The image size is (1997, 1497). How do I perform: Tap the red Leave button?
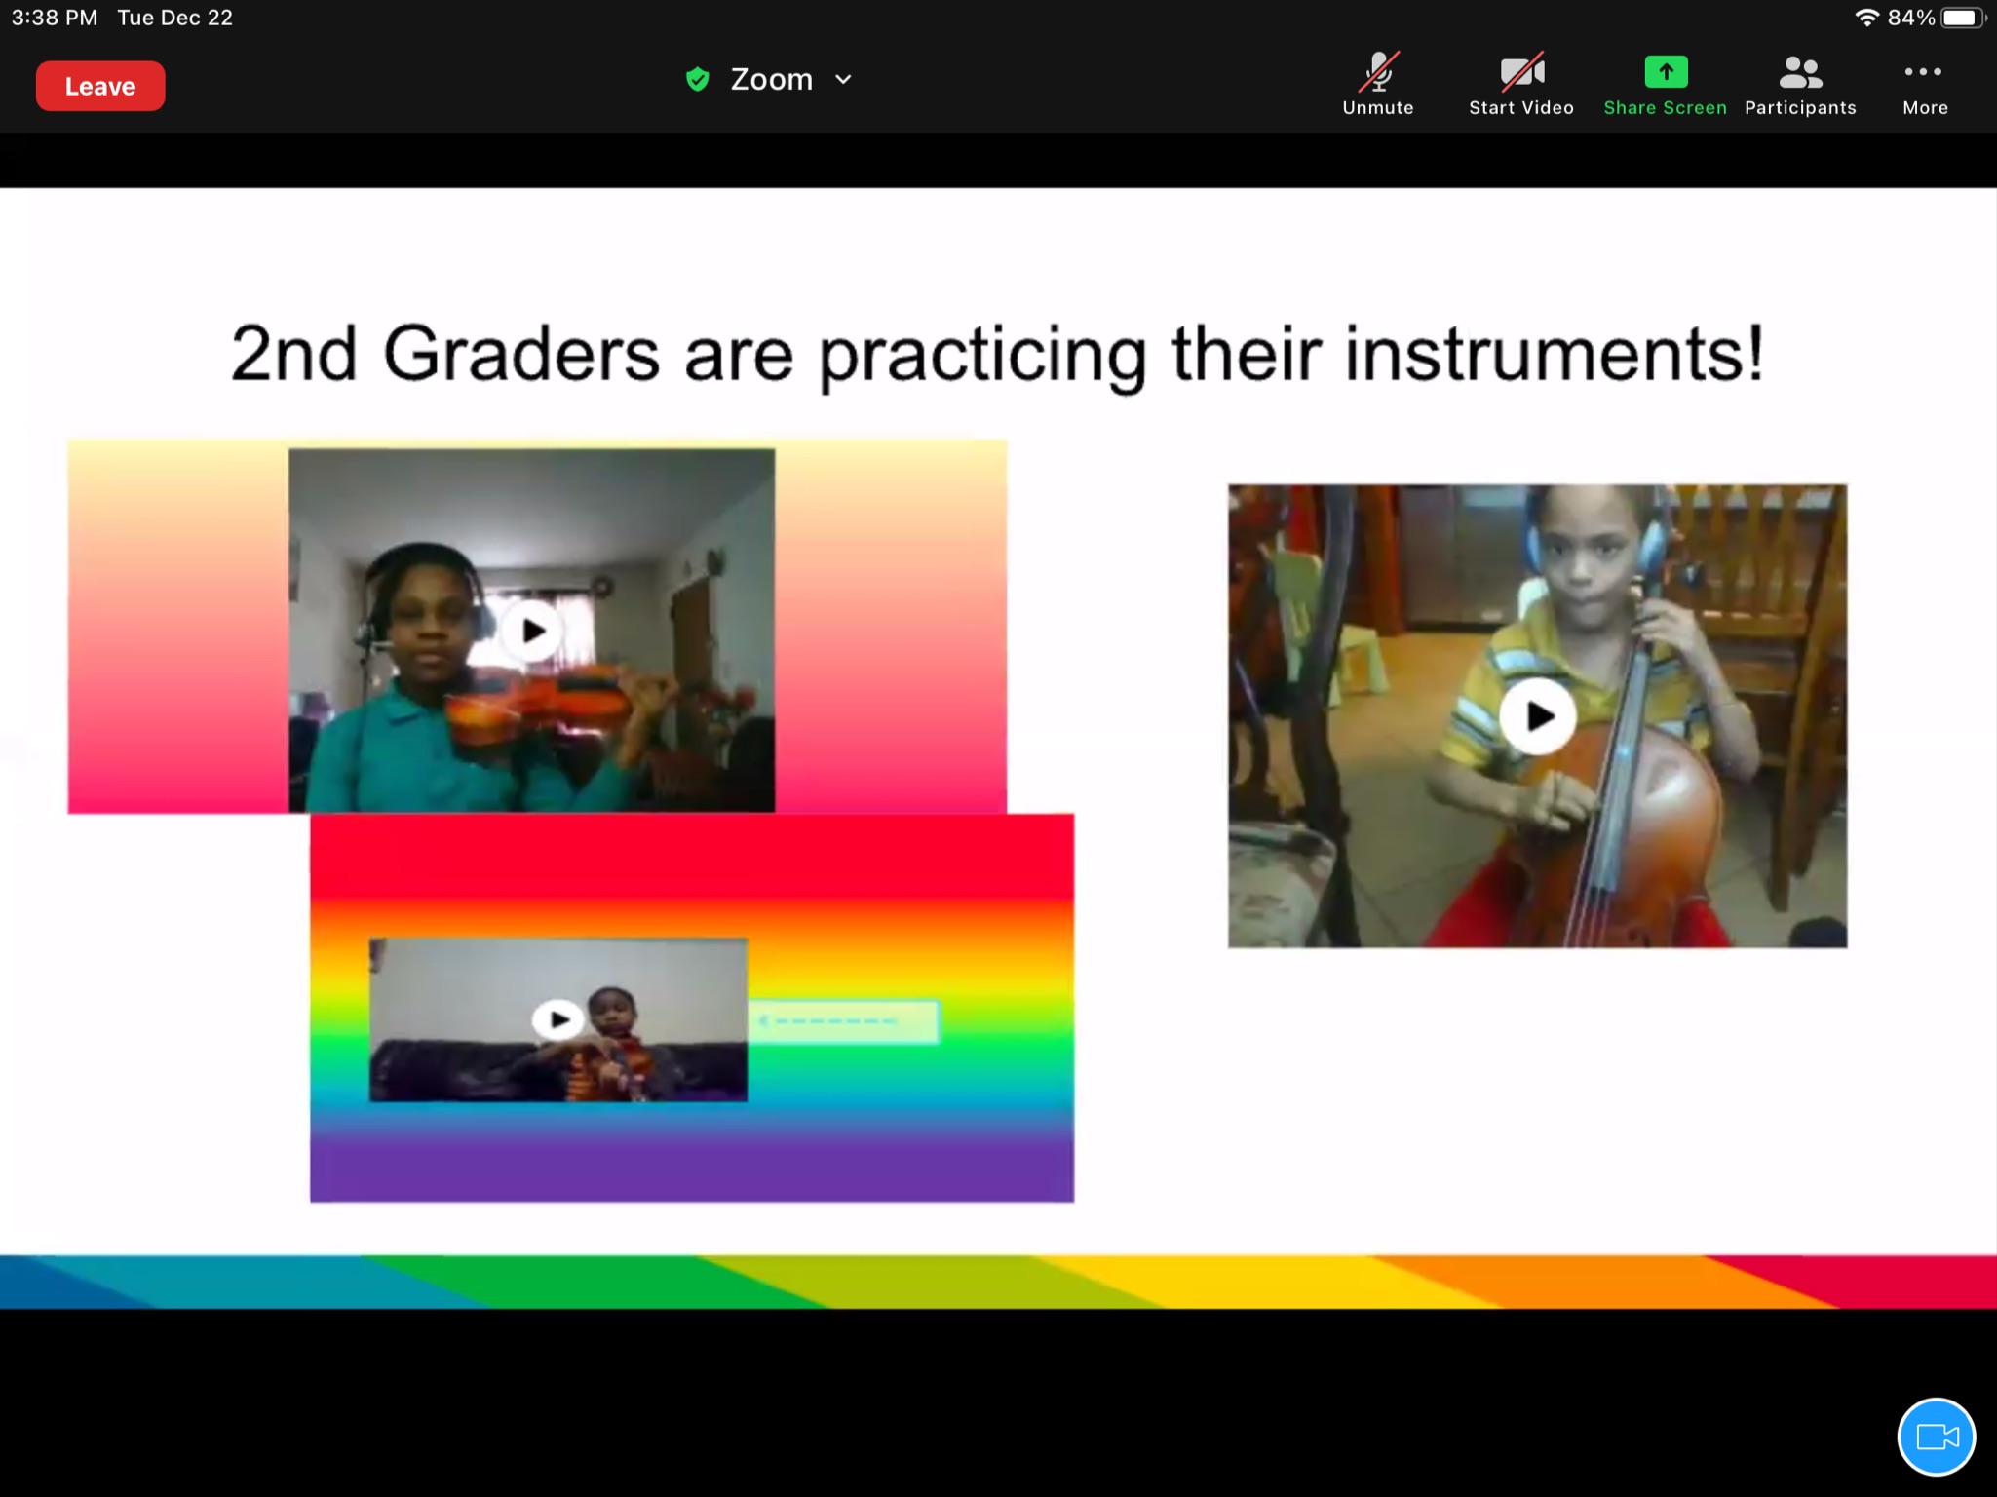point(100,86)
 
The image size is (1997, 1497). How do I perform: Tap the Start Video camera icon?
point(1521,71)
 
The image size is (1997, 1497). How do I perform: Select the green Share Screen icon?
point(1666,71)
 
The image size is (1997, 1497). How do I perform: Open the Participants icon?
point(1799,72)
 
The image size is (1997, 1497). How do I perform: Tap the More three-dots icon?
point(1923,71)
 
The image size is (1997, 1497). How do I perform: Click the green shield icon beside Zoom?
point(697,79)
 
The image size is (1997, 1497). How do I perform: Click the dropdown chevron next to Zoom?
point(844,79)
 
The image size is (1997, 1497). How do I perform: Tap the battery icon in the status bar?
point(1963,18)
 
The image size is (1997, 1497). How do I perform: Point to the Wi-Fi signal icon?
point(1866,18)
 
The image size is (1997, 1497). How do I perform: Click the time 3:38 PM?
point(55,18)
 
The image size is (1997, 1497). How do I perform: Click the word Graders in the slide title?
point(521,353)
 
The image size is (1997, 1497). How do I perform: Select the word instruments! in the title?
point(1555,353)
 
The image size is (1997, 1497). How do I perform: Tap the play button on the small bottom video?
point(557,1019)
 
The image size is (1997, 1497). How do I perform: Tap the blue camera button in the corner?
point(1936,1437)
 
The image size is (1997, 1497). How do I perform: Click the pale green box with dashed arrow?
point(844,1021)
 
